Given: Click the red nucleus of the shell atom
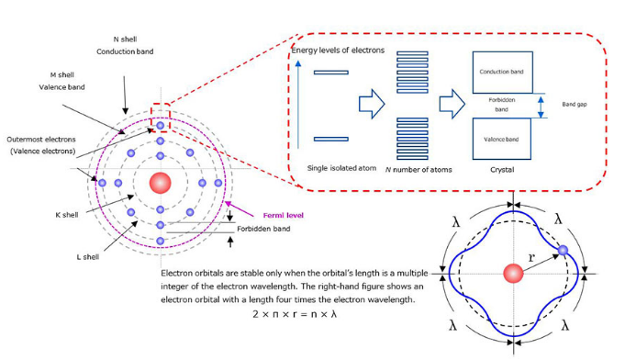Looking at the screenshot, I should (160, 182).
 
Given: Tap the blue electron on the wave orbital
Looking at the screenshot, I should (563, 250).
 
